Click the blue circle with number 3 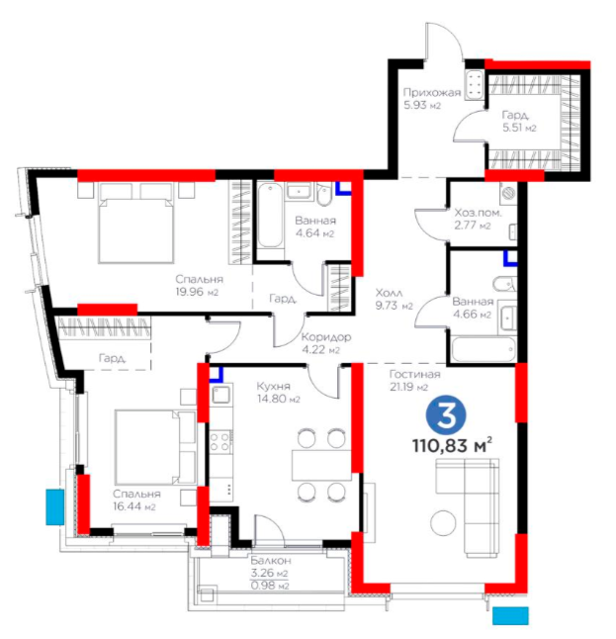pyautogui.click(x=446, y=416)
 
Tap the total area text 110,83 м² pyautogui.click(x=452, y=445)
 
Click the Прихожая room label pyautogui.click(x=432, y=93)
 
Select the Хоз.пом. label pyautogui.click(x=478, y=213)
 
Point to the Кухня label pyautogui.click(x=273, y=386)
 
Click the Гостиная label pyautogui.click(x=414, y=374)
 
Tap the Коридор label pyautogui.click(x=326, y=337)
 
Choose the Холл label pyautogui.click(x=389, y=293)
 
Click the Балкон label pyautogui.click(x=271, y=560)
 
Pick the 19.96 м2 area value pyautogui.click(x=197, y=292)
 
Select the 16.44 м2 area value pyautogui.click(x=134, y=507)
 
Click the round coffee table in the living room pyautogui.click(x=444, y=523)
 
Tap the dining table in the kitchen pyautogui.click(x=321, y=465)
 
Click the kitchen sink pyautogui.click(x=220, y=395)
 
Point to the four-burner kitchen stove pyautogui.click(x=220, y=442)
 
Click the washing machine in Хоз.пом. pyautogui.click(x=509, y=193)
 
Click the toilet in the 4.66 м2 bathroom pyautogui.click(x=504, y=283)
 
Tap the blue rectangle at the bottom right pyautogui.click(x=510, y=616)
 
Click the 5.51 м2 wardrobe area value pyautogui.click(x=519, y=128)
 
